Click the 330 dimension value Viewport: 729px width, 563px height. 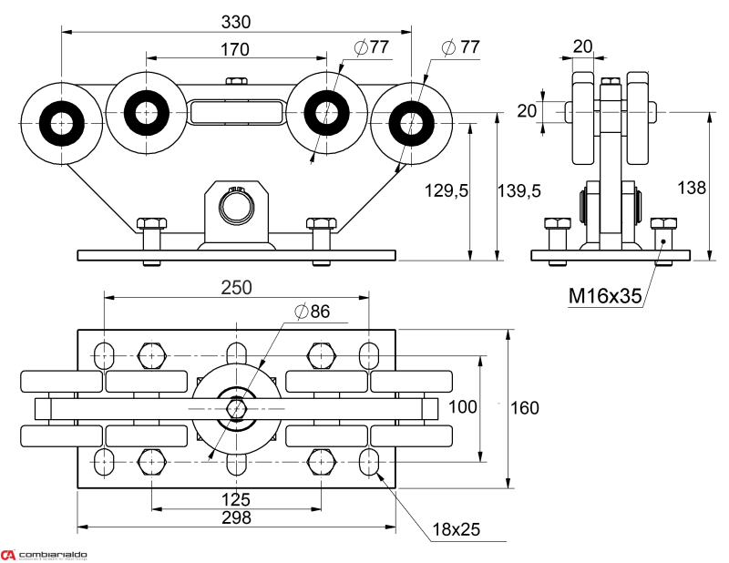(235, 21)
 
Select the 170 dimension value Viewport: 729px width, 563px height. (234, 49)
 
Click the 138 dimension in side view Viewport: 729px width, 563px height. (693, 188)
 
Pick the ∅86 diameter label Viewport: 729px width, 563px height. (312, 312)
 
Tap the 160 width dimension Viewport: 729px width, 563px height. (523, 407)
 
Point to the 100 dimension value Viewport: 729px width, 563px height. (464, 407)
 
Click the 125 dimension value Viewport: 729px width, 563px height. (236, 499)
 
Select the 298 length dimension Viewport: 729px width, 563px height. (236, 517)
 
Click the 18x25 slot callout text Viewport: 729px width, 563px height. (457, 528)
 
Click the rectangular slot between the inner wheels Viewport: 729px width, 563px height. (235, 112)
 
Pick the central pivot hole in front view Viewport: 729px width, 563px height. (236, 206)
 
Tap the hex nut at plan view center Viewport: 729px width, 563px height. (236, 409)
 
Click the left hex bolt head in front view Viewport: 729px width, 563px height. (150, 223)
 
